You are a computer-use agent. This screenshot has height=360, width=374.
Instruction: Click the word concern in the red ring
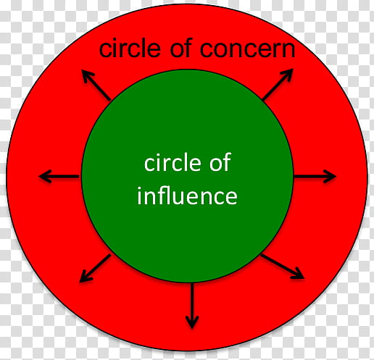[x=247, y=49]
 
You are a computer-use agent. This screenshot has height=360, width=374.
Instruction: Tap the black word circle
[x=130, y=49]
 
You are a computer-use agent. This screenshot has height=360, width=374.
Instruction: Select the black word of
[x=180, y=48]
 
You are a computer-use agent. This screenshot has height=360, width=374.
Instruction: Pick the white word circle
[x=173, y=162]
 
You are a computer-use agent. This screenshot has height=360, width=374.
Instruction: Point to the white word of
[x=220, y=162]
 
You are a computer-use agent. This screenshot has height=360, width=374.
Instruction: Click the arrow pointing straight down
[x=192, y=306]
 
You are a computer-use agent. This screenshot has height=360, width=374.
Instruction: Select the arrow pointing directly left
[x=59, y=177]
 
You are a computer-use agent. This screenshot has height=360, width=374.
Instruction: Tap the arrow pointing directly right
[x=315, y=177]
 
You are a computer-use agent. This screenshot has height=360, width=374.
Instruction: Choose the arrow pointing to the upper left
[x=96, y=85]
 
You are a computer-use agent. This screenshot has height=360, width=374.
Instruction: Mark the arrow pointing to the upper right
[x=278, y=84]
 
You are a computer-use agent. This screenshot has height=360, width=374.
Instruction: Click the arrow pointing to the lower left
[x=95, y=268]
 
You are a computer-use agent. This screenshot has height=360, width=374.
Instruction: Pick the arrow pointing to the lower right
[x=282, y=267]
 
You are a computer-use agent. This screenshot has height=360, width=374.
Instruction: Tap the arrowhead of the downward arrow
[x=192, y=322]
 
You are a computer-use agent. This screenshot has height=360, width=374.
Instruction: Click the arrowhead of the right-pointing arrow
[x=330, y=177]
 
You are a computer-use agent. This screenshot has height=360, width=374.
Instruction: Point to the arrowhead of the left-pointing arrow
[x=45, y=177]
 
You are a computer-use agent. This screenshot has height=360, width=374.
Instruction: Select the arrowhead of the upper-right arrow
[x=287, y=75]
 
